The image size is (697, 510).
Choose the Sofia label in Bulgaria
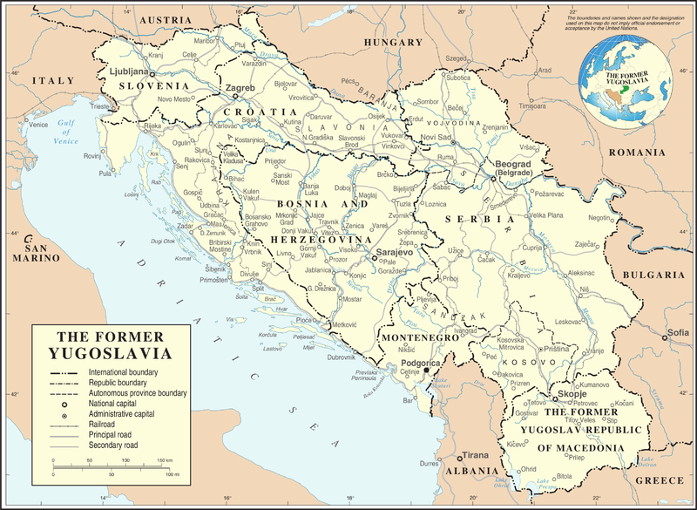click(x=678, y=332)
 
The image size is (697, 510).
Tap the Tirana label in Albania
click(x=476, y=455)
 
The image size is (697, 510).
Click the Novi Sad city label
click(x=436, y=138)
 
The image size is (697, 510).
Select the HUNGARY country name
click(x=393, y=42)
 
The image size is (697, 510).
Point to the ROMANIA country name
click(x=636, y=152)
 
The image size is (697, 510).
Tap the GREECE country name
click(x=659, y=480)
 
